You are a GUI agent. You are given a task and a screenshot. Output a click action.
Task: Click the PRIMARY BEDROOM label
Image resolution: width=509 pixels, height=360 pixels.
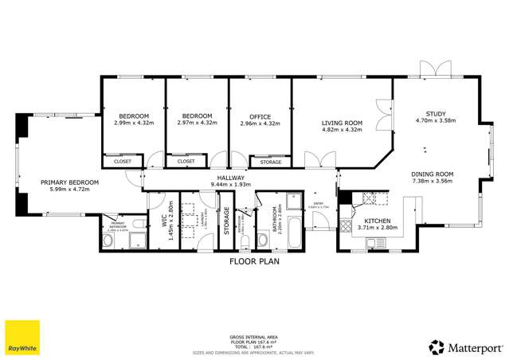point(70,182)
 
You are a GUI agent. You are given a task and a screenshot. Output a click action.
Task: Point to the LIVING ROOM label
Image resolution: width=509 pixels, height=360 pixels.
point(342,123)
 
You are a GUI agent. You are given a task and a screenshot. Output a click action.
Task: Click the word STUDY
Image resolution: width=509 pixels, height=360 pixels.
point(436,114)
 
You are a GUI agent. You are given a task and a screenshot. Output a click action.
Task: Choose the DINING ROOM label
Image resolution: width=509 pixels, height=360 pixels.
point(432,174)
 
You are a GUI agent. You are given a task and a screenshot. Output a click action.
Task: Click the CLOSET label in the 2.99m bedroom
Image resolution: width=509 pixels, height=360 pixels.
point(123,161)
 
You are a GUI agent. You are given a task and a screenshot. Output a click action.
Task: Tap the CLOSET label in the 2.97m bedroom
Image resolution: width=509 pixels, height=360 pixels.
point(186,161)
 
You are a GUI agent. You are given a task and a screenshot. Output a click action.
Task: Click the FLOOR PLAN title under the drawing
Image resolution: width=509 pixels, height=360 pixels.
point(254,260)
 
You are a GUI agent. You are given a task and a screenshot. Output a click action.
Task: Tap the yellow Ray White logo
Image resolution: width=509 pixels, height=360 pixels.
point(22,337)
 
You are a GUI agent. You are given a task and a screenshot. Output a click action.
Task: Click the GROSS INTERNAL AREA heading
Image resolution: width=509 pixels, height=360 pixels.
point(254,338)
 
